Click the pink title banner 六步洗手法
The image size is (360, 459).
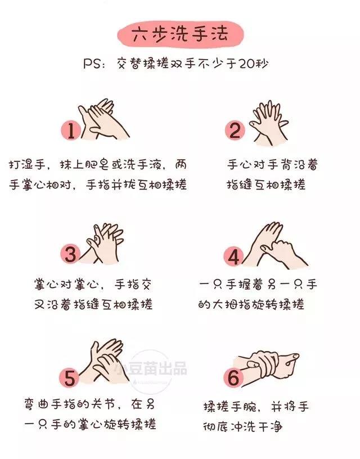click(181, 35)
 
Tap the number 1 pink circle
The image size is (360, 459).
click(71, 131)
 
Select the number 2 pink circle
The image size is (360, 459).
click(235, 130)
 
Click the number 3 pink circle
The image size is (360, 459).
click(70, 254)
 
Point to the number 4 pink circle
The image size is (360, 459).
click(233, 256)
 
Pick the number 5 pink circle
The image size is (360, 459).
click(70, 377)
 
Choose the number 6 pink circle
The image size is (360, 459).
click(233, 377)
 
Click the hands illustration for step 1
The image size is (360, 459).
click(103, 120)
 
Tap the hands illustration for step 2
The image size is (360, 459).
click(269, 124)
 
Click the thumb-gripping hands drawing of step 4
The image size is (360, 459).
click(274, 246)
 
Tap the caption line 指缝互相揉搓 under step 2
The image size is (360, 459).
click(266, 184)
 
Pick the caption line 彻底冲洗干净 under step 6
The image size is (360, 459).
click(242, 426)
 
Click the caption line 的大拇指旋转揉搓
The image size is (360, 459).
click(251, 304)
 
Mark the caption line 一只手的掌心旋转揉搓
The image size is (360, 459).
click(90, 424)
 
